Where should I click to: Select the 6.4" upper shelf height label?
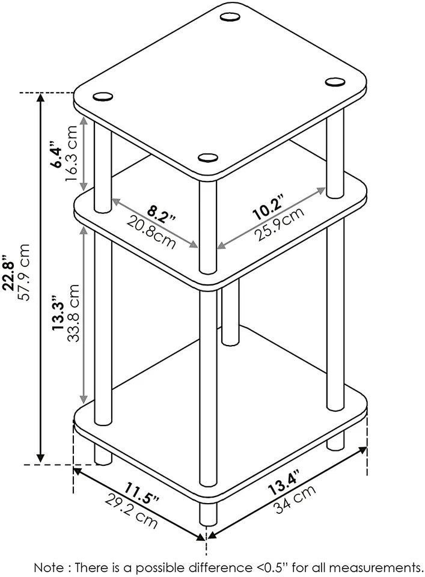55,154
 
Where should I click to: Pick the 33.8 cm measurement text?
73,313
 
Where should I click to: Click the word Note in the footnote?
49,567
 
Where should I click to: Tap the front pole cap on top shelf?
208,158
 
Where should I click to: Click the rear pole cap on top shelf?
229,17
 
